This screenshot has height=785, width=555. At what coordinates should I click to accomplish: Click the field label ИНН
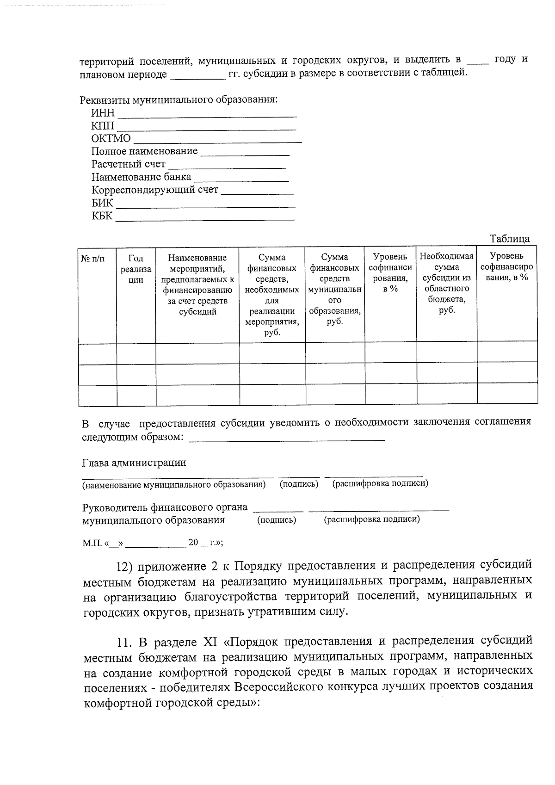(x=102, y=113)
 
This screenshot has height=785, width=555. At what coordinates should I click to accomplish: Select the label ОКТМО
(x=111, y=138)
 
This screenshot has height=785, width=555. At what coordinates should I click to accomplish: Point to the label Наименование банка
(x=141, y=177)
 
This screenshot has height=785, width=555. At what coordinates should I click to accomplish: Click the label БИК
(x=102, y=203)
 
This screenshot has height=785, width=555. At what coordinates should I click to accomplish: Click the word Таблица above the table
(x=509, y=239)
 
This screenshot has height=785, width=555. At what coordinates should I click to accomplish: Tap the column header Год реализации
(x=136, y=269)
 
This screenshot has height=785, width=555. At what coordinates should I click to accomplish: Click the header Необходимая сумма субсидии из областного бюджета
(x=446, y=283)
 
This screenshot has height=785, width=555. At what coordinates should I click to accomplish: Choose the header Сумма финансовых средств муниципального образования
(x=334, y=289)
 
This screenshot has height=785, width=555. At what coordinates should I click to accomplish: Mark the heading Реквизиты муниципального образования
(x=180, y=100)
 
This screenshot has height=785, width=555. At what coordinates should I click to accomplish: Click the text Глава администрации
(x=134, y=462)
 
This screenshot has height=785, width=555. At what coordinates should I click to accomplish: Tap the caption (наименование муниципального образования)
(x=174, y=485)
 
